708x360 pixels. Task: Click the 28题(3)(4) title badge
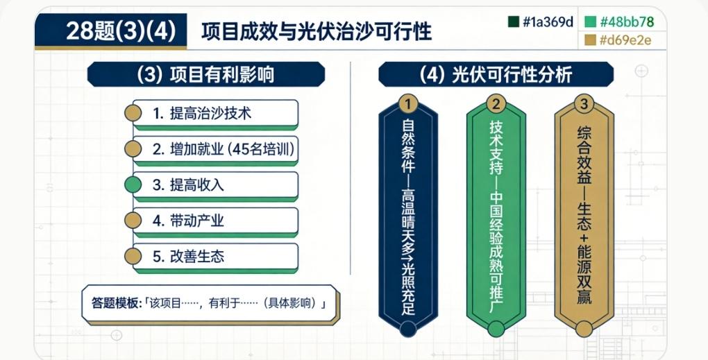[110, 31]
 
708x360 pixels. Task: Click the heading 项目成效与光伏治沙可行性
[316, 32]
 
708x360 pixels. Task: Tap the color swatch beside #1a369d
[514, 22]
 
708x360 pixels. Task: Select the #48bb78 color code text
[627, 22]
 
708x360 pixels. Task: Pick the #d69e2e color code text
[625, 41]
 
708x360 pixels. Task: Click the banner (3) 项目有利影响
[206, 74]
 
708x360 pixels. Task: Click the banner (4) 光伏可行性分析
[496, 74]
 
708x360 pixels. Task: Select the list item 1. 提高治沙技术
[216, 114]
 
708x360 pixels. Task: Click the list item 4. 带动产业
[216, 222]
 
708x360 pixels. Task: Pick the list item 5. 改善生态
[216, 258]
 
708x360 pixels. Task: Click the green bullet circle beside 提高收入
[133, 185]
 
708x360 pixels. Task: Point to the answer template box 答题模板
[210, 305]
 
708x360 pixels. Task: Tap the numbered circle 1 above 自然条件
[408, 104]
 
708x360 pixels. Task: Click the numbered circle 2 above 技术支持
[496, 104]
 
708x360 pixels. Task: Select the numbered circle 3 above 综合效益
[584, 104]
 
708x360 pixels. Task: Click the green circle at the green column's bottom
[496, 329]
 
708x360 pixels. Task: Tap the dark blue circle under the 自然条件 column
[408, 329]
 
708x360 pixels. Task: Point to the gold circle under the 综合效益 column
[584, 329]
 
